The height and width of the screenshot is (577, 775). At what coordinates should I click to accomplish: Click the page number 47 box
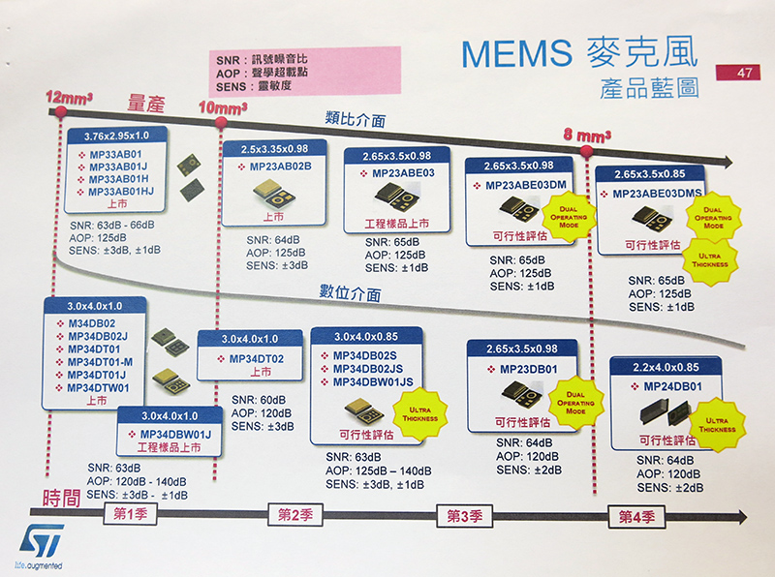pyautogui.click(x=740, y=72)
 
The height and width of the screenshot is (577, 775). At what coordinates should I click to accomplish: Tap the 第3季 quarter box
pyautogui.click(x=466, y=514)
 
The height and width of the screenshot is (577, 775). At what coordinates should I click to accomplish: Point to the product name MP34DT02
pyautogui.click(x=257, y=359)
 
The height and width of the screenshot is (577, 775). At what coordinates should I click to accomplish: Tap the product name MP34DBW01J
pyautogui.click(x=175, y=433)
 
